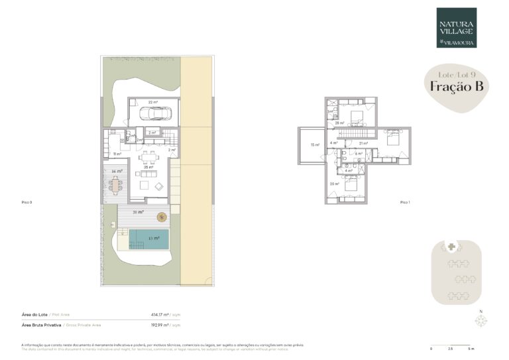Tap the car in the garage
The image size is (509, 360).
coord(163,114)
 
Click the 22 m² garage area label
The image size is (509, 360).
coord(152,102)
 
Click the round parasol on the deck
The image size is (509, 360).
coord(162,217)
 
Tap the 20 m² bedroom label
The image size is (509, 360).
coord(334,184)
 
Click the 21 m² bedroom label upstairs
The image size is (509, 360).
coord(363,143)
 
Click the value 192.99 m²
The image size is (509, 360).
coord(162,326)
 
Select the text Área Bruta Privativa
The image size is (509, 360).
coord(41,326)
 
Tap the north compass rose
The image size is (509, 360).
coord(481,321)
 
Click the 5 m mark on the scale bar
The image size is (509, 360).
coord(471,348)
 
